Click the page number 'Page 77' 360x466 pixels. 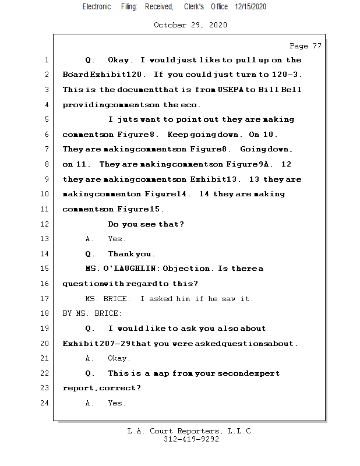tap(305, 45)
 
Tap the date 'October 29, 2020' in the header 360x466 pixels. tap(190, 25)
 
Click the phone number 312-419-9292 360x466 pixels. tap(191, 439)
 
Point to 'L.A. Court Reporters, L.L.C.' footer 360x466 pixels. tap(190, 431)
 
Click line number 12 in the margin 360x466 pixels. tap(46, 224)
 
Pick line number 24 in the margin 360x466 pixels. tap(46, 403)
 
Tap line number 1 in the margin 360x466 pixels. tap(46, 60)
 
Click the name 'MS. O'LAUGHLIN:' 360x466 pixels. tap(122, 269)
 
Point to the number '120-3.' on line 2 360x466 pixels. tap(287, 75)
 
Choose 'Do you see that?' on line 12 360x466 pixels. tap(146, 224)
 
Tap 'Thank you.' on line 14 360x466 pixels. tap(132, 254)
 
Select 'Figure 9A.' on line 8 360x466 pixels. tap(250, 164)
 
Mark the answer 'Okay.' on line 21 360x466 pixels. tap(119, 358)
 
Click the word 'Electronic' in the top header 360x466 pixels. tap(97, 6)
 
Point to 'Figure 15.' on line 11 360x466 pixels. tap(140, 209)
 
